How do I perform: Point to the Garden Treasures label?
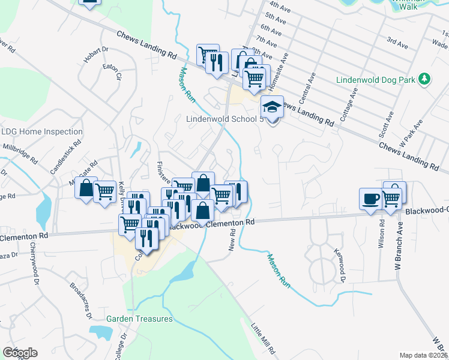140,319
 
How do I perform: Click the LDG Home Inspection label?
42,131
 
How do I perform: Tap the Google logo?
20,353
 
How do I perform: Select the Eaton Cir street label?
113,72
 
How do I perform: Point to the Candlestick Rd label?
65,159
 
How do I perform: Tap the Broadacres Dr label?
81,300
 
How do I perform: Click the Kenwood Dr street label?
339,266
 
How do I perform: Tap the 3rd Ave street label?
397,43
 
